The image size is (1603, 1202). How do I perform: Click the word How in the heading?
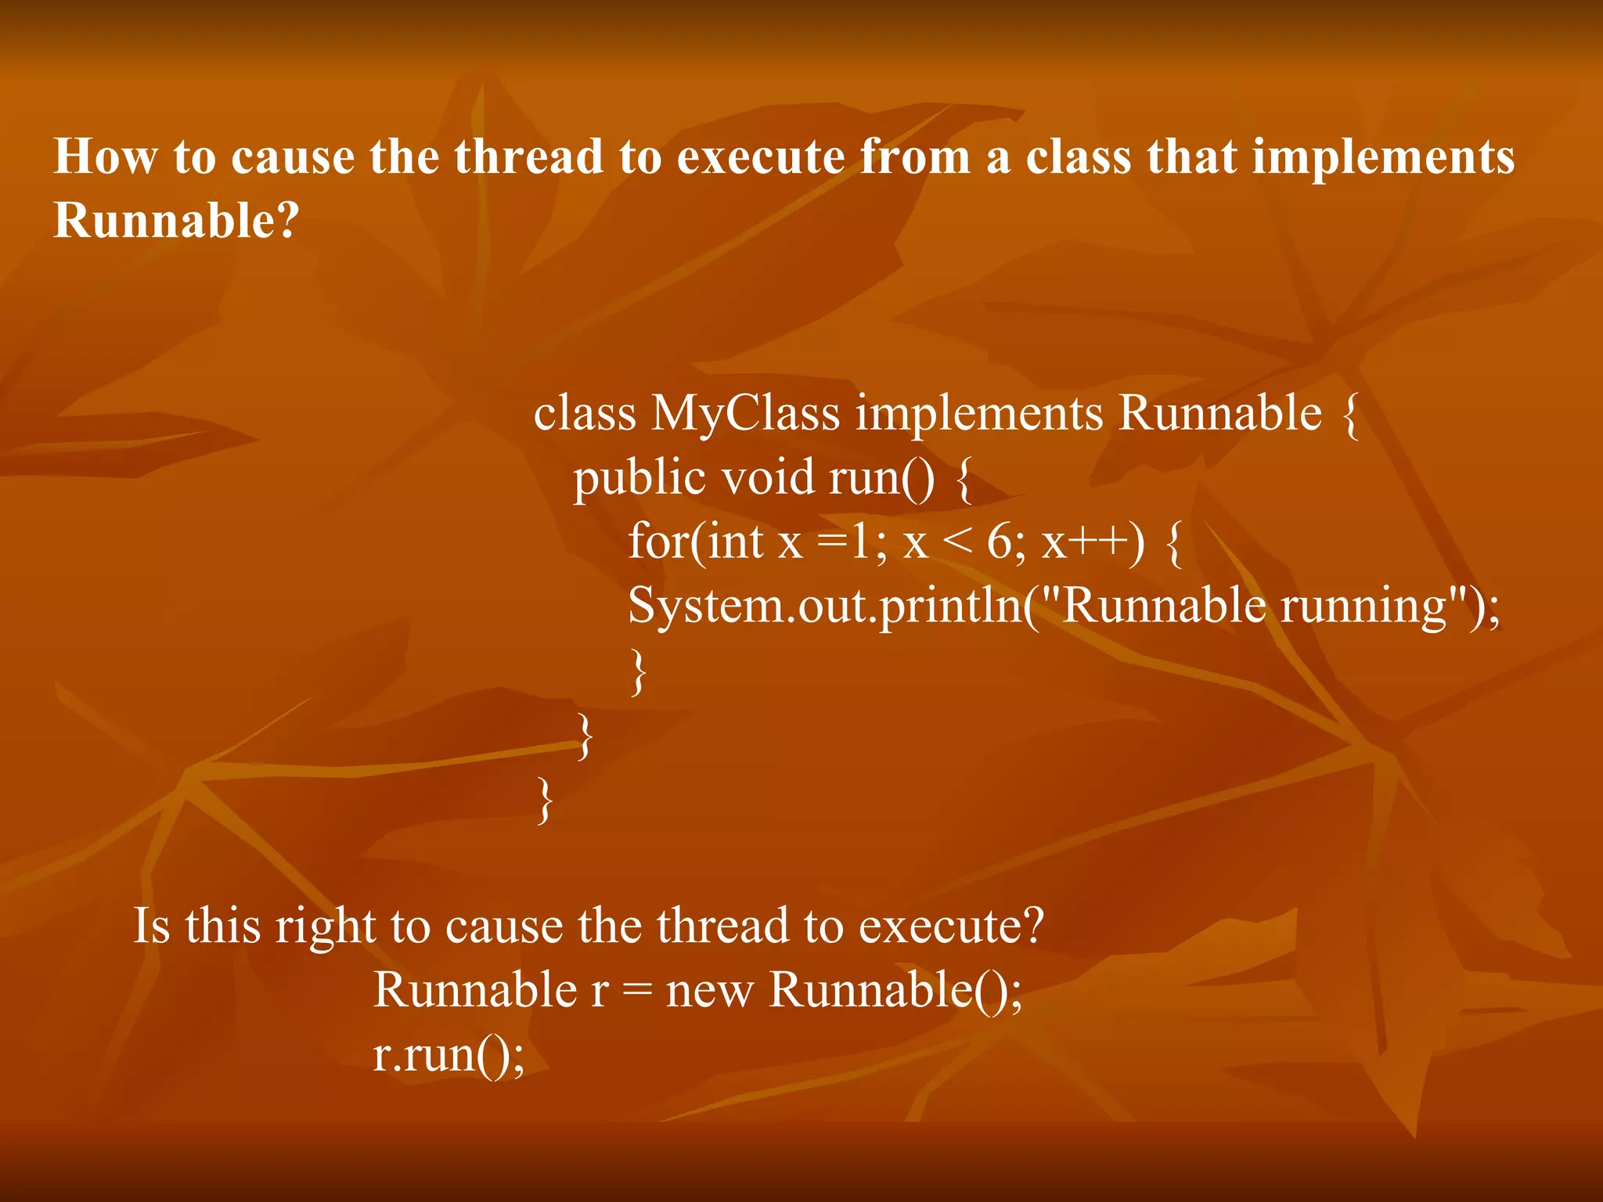pyautogui.click(x=104, y=157)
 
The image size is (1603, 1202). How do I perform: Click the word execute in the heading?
pyautogui.click(x=759, y=157)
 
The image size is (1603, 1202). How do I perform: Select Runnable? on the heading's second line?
pyautogui.click(x=176, y=221)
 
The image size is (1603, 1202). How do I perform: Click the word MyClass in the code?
pyautogui.click(x=744, y=413)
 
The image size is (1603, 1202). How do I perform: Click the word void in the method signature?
pyautogui.click(x=767, y=477)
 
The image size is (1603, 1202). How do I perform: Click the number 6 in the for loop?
pyautogui.click(x=999, y=542)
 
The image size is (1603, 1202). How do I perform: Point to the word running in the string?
pyautogui.click(x=1363, y=606)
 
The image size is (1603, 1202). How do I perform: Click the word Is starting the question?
pyautogui.click(x=152, y=926)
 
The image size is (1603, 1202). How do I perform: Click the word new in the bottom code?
pyautogui.click(x=709, y=991)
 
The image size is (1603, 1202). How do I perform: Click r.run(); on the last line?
pyautogui.click(x=448, y=1055)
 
